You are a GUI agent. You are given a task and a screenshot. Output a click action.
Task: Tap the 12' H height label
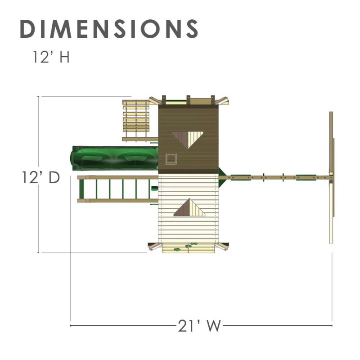pyautogui.click(x=50, y=58)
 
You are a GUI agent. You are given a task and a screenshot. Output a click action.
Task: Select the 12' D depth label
pyautogui.click(x=41, y=177)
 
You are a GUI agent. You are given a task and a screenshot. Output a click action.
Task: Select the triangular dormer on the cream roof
pyautogui.click(x=189, y=207)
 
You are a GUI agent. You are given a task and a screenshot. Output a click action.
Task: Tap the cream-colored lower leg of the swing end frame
pyautogui.click(x=332, y=211)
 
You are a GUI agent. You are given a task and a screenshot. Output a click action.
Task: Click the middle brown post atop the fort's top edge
pyautogui.click(x=188, y=100)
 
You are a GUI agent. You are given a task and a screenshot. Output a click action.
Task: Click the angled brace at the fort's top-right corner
pyautogui.click(x=224, y=101)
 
